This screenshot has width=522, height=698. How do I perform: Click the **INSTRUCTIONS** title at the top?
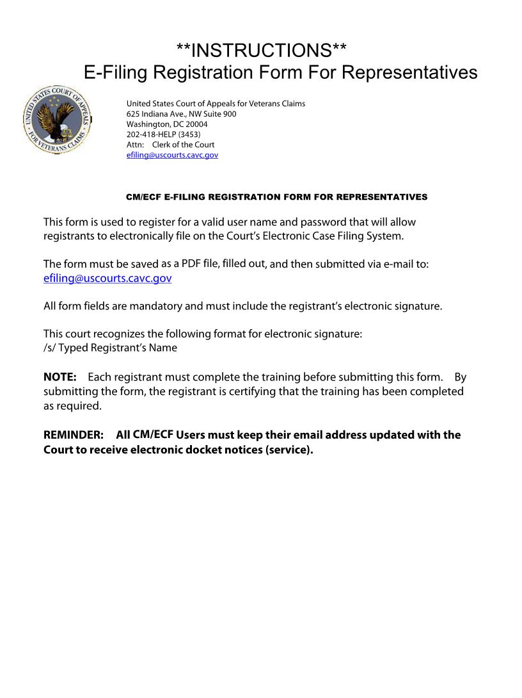click(x=262, y=50)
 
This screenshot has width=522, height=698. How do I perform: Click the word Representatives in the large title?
click(x=410, y=72)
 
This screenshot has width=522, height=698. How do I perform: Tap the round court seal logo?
click(x=58, y=122)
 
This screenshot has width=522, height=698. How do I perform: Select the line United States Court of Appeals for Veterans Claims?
click(x=216, y=104)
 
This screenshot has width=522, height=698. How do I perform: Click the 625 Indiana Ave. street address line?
click(x=181, y=114)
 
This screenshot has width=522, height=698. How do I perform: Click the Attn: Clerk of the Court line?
click(x=170, y=145)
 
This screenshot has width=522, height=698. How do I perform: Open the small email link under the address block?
click(x=172, y=155)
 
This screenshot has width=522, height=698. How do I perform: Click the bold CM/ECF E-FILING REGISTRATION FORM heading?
click(x=276, y=197)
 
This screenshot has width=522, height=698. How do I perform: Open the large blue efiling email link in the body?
click(x=107, y=279)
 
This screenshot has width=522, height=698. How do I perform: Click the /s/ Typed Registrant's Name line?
click(x=110, y=348)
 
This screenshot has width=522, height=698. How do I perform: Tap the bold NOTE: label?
click(x=59, y=377)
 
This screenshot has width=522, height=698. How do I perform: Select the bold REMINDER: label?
click(x=73, y=435)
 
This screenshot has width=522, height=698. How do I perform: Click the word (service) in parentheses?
click(x=289, y=450)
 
